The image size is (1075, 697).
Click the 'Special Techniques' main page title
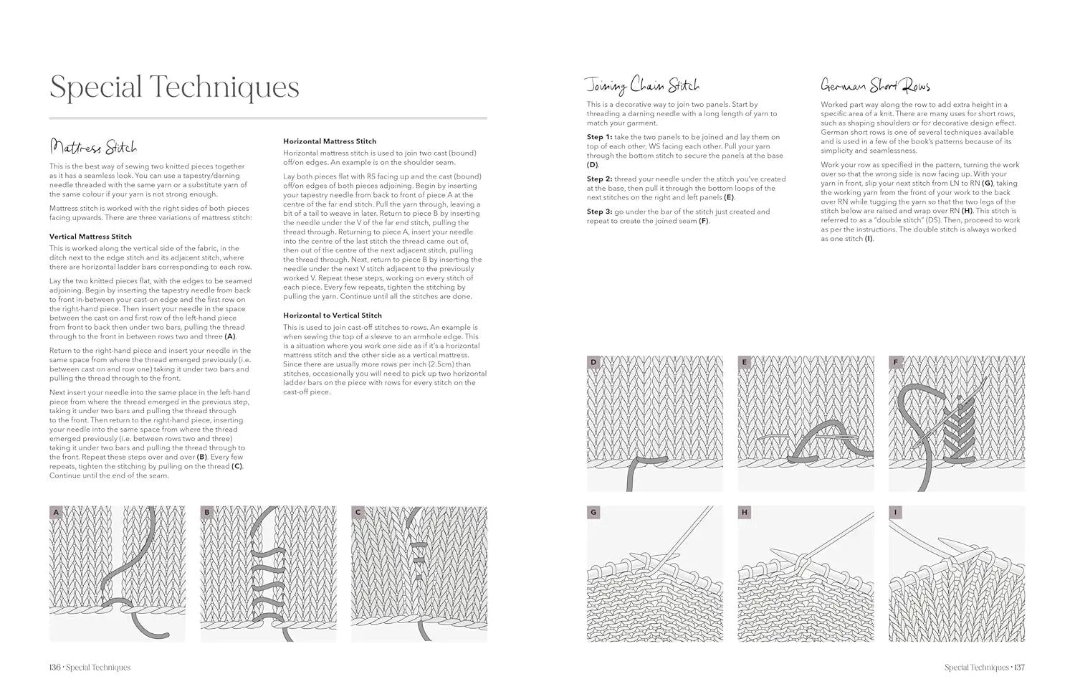[174, 87]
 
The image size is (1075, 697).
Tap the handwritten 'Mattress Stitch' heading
[93, 148]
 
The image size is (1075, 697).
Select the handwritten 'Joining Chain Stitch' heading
[642, 86]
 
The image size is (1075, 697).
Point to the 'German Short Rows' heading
[875, 86]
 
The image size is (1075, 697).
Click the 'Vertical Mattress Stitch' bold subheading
[90, 237]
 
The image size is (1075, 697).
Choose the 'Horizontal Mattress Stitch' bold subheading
[330, 141]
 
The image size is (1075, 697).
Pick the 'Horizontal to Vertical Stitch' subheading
[333, 316]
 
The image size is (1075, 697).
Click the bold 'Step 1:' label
[599, 137]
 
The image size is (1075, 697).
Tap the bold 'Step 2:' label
[599, 179]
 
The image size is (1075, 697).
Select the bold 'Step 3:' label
[599, 212]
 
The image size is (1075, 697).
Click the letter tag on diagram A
[56, 513]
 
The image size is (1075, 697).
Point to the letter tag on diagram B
[207, 513]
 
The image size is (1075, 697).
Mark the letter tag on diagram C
[358, 513]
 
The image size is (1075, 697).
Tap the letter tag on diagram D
[593, 363]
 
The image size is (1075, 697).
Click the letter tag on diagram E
[745, 363]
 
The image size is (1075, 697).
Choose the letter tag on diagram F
[895, 363]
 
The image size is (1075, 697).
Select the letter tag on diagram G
[593, 513]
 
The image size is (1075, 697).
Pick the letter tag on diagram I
[895, 513]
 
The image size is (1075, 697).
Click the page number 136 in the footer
[54, 668]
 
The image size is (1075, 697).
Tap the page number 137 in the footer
[1019, 668]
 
